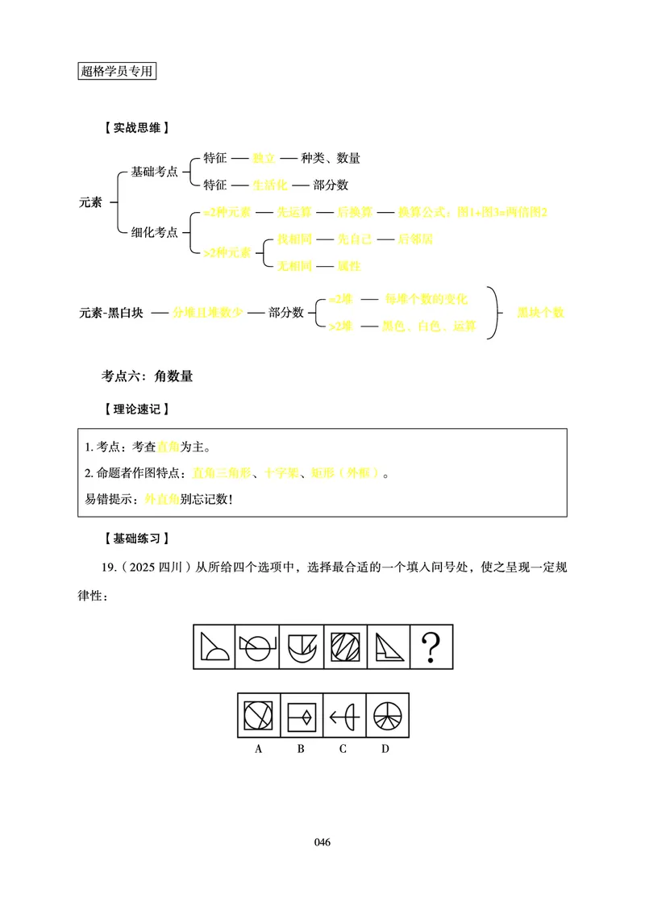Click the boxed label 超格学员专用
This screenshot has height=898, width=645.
pyautogui.click(x=117, y=70)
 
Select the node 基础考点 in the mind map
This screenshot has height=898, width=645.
pyautogui.click(x=154, y=172)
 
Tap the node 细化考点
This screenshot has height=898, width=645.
pyautogui.click(x=154, y=232)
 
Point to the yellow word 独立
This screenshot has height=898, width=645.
pyautogui.click(x=264, y=158)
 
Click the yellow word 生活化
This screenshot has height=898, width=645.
pyautogui.click(x=269, y=185)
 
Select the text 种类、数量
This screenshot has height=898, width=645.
pyautogui.click(x=331, y=158)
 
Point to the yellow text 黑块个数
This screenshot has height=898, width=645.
pyautogui.click(x=540, y=313)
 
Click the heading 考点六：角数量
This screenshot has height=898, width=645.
pyautogui.click(x=147, y=376)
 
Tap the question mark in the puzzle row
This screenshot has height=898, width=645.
pyautogui.click(x=431, y=646)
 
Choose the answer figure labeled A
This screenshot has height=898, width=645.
pyautogui.click(x=259, y=715)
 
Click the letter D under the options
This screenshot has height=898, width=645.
pyautogui.click(x=385, y=749)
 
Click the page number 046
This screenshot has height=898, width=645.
pyautogui.click(x=322, y=842)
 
